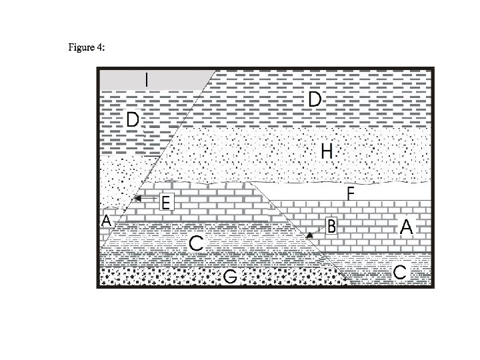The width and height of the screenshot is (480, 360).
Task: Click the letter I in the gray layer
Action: pos(148,79)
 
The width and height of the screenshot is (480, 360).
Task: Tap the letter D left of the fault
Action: pos(133,121)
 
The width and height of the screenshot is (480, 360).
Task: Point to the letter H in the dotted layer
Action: pos(327,151)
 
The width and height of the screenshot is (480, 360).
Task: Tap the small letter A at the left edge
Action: pos(105,221)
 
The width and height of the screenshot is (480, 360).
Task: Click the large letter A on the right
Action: pos(407,227)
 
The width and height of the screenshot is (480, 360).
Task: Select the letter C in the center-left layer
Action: pos(195,243)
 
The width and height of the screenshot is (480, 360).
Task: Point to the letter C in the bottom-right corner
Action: pos(400,272)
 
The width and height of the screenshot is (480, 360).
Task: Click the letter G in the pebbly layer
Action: pos(231,276)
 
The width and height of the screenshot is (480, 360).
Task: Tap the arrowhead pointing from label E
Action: pos(136,198)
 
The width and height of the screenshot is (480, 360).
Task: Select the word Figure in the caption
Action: pos(81,48)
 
